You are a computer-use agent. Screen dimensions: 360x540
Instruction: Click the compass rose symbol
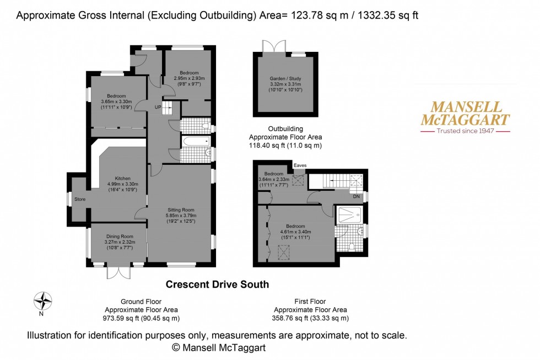[x=42, y=301]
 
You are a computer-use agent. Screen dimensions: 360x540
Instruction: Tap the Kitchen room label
[x=122, y=178]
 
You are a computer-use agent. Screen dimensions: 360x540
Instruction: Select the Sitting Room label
[x=181, y=209]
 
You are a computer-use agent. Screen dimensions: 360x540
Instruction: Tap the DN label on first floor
[x=357, y=196]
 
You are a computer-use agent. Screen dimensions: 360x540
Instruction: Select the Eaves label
[x=300, y=164]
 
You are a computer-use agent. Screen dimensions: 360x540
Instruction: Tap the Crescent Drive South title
[x=217, y=284]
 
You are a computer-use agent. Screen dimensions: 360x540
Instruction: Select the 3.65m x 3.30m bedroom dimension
[x=116, y=101]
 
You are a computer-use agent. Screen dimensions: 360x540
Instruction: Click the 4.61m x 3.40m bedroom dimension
[x=294, y=232]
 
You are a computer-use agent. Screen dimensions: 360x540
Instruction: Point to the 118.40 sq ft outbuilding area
[x=285, y=146]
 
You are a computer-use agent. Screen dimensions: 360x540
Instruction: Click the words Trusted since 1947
[x=465, y=131]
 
